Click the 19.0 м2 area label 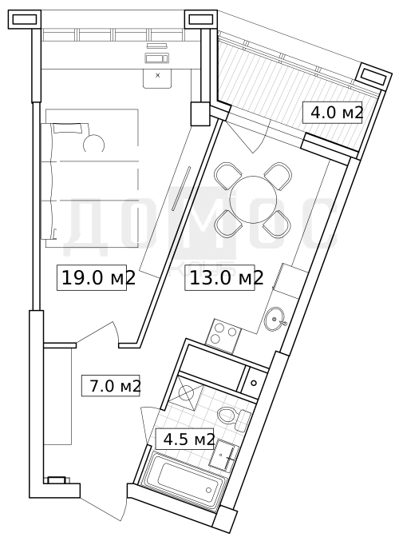coord(98,278)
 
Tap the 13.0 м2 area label coord(227,277)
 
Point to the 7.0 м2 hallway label coord(116,386)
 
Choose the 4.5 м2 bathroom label coord(189,440)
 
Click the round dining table coord(253,200)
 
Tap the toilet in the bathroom coord(234,416)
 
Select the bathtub coord(184,481)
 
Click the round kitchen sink coord(275,319)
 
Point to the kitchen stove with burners coord(223,336)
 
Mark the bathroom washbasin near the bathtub coord(225,455)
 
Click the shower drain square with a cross coord(186,392)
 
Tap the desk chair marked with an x coord(157,78)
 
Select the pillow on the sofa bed coord(68,128)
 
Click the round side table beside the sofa coord(93,144)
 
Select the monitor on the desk coord(156,58)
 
